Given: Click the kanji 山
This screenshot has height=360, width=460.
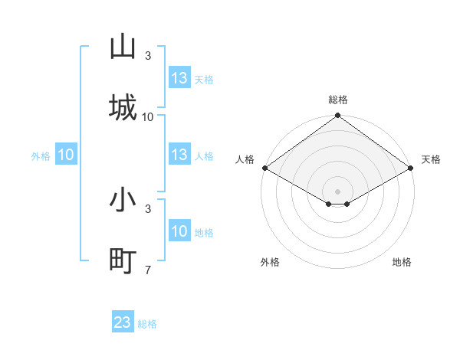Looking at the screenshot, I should [x=123, y=47].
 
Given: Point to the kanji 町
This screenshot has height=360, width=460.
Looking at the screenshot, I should [x=123, y=260].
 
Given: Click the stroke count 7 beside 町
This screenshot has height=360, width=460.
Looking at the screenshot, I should [x=147, y=269].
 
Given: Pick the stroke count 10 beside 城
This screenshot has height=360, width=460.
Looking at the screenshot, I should [x=148, y=116].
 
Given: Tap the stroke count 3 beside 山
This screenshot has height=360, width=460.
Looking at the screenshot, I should [x=147, y=56].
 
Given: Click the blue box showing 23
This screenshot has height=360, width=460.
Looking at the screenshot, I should [x=123, y=322].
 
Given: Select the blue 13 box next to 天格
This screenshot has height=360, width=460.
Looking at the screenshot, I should [x=179, y=78].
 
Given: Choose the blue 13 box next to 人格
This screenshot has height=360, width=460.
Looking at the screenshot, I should [x=179, y=155].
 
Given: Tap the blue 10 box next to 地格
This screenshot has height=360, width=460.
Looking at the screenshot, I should [x=179, y=231].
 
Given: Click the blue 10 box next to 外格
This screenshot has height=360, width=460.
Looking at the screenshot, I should [x=66, y=155].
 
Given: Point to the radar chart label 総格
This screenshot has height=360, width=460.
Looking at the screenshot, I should [x=338, y=100].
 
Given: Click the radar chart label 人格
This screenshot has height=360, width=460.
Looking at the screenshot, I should [x=245, y=159].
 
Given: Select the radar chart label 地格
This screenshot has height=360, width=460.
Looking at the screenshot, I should [x=402, y=262].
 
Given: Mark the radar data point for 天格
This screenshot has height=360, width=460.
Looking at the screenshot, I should [x=412, y=168].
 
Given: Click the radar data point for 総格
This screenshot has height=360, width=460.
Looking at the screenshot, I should [x=338, y=116].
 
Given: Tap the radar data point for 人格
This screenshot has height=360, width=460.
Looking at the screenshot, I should [x=264, y=168].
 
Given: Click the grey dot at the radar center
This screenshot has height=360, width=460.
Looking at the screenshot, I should [x=338, y=191].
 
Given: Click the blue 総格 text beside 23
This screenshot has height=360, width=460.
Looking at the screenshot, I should [x=147, y=324].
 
